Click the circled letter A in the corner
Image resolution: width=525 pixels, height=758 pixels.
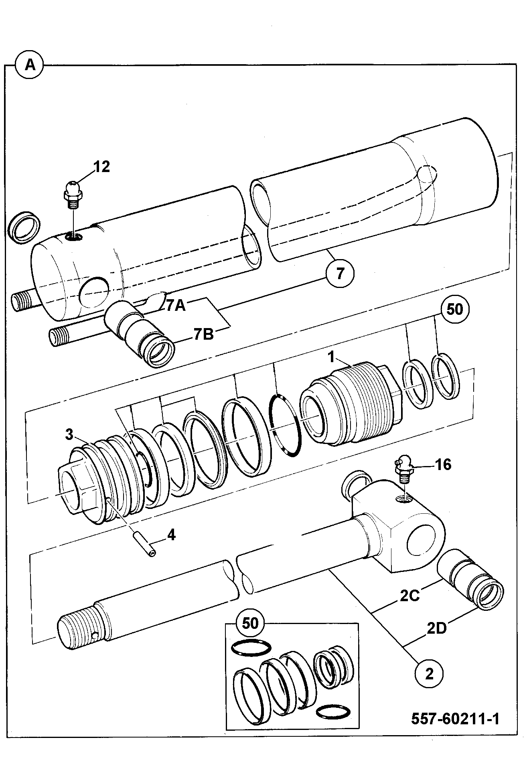30,65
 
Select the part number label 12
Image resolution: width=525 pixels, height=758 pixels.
101,167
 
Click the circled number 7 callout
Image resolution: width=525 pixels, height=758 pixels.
340,274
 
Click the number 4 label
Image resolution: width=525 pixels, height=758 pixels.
171,535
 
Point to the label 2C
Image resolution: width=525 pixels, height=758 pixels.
409,596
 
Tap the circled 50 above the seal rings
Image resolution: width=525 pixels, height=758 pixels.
454,310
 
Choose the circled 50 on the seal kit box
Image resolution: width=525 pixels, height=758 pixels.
250,623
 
